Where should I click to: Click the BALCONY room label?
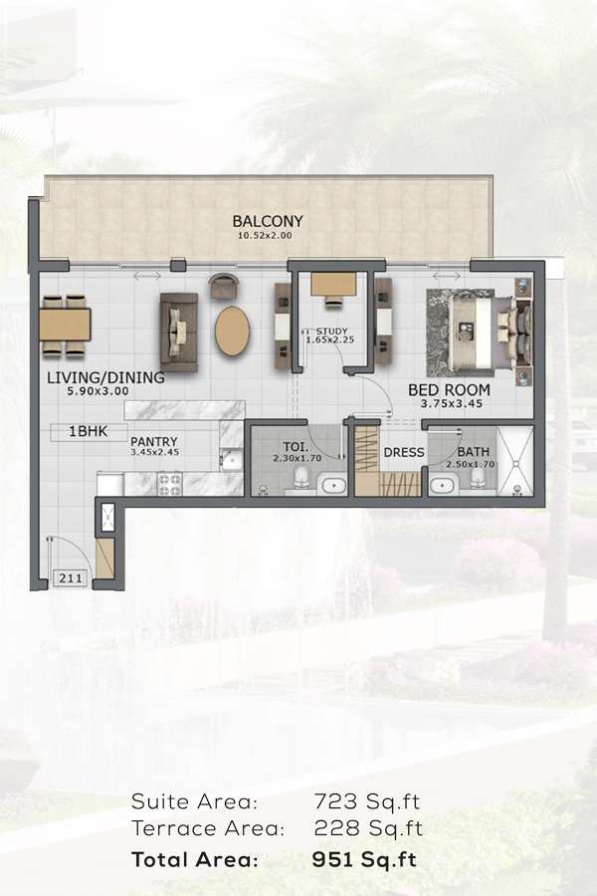268,221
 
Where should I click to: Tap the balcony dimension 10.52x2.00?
268,236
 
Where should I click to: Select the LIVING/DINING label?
105,378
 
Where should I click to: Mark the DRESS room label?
403,453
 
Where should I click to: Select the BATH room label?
474,451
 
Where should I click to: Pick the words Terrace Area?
208,828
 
